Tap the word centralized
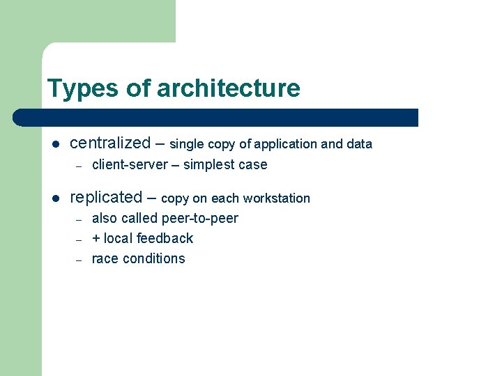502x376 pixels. (110, 143)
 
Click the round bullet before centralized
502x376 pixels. (56, 145)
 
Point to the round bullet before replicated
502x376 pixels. (56, 198)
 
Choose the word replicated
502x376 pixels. (106, 198)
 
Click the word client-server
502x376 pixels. (130, 165)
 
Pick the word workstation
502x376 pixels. (276, 198)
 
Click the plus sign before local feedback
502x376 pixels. (96, 239)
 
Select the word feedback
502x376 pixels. (165, 238)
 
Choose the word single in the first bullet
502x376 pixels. (186, 145)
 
